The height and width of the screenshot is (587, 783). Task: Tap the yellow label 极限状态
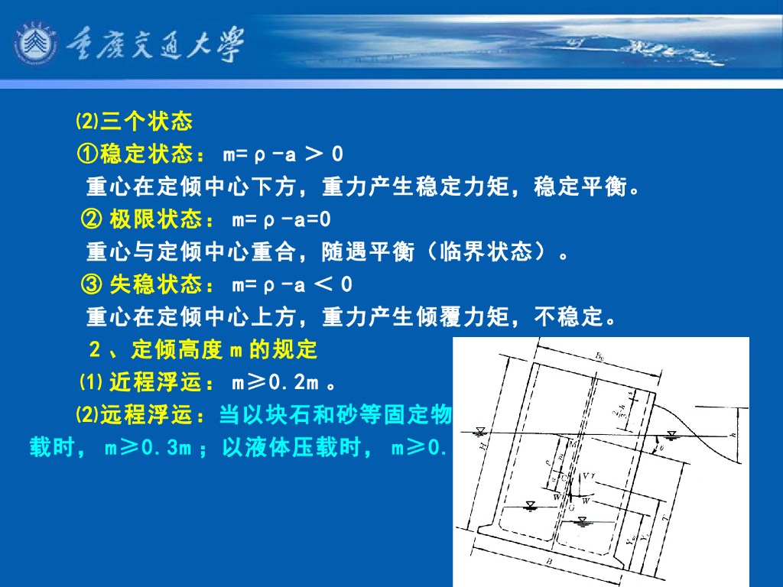(x=156, y=220)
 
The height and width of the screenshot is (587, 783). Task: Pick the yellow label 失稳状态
(x=156, y=285)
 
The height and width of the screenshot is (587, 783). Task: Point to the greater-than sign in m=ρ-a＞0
(x=313, y=154)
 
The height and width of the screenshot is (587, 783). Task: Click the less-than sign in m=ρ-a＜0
(x=323, y=285)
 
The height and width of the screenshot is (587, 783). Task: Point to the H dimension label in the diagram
(x=483, y=451)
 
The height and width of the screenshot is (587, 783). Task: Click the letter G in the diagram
(x=570, y=507)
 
